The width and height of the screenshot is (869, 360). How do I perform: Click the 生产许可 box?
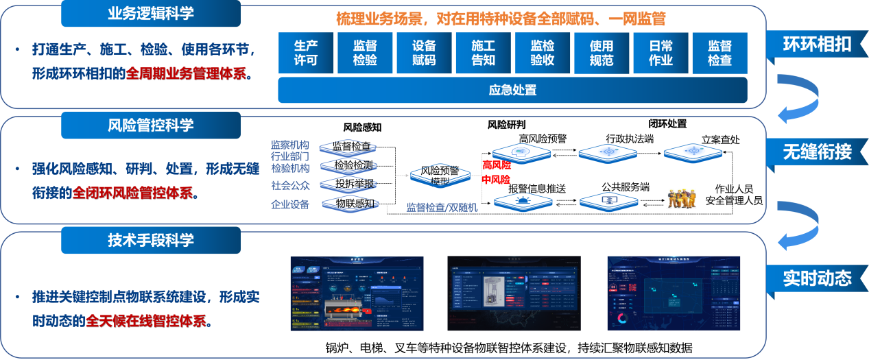pos(306,53)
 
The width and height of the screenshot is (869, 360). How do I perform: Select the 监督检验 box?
pos(365,53)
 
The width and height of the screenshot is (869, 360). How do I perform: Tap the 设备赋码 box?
pos(424,53)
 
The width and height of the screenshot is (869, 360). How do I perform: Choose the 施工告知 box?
pos(483,53)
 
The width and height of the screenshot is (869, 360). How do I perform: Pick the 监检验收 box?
pos(542,53)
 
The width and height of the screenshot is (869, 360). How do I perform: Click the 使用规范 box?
pos(601,53)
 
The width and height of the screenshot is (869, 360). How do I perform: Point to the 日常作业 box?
pos(660,53)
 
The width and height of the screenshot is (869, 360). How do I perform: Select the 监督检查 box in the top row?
pos(719,53)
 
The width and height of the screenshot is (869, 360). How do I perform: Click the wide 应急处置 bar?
pos(512,90)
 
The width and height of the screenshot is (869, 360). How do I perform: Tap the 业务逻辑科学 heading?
pos(151,13)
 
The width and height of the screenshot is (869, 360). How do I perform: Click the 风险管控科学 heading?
pos(151,125)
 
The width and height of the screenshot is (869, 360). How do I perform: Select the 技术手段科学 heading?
pos(151,240)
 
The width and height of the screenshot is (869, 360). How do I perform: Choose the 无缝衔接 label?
pos(817,152)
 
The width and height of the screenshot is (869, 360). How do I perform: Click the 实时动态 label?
pos(817,278)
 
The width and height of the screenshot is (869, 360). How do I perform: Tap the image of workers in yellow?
pos(681,199)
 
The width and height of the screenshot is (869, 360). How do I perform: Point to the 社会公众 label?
pos(290,185)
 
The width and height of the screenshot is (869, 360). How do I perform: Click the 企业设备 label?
pos(290,204)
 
